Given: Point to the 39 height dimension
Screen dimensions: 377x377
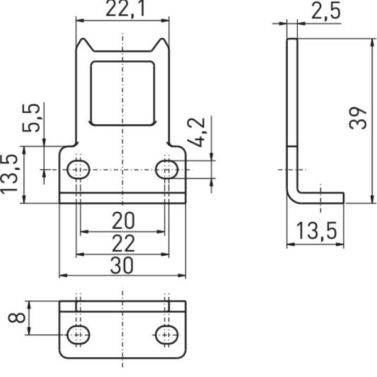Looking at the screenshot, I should (x=358, y=116).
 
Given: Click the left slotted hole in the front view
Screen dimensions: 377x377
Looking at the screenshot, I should (x=79, y=168).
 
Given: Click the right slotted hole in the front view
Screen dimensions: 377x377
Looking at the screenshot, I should (x=167, y=168).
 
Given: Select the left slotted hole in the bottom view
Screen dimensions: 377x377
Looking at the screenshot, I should (x=79, y=334).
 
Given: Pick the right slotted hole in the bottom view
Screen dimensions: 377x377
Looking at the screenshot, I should (x=167, y=334).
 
